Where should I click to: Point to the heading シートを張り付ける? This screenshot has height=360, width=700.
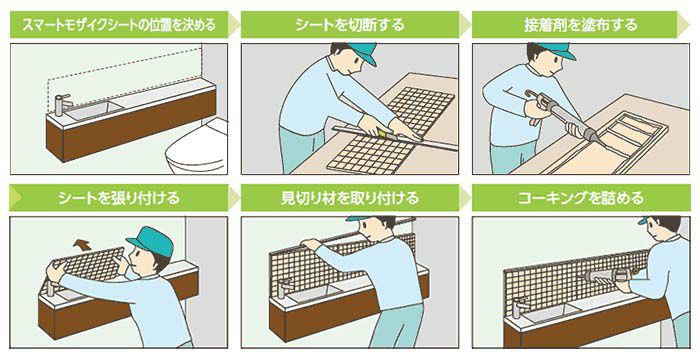tap(112, 196)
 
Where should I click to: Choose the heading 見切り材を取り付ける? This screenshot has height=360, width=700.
tap(349, 196)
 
